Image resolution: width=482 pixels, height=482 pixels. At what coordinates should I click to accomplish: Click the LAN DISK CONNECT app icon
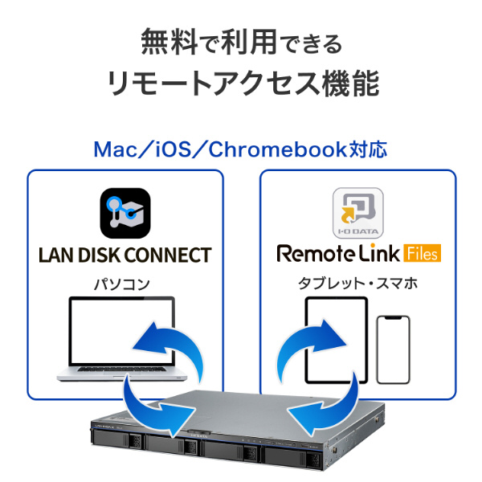125,212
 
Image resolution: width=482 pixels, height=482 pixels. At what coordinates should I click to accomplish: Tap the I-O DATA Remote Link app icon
357,213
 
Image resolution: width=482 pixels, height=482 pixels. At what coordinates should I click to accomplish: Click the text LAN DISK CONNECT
125,255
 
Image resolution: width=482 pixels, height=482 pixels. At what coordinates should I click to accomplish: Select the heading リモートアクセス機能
241,83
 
